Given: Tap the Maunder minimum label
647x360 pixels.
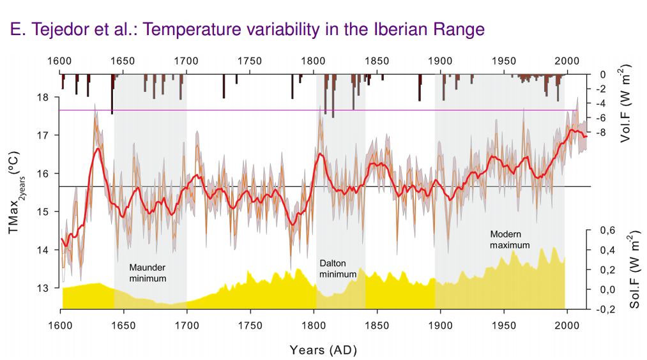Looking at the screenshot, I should pos(148,273).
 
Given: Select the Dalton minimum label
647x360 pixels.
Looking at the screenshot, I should pos(337,268).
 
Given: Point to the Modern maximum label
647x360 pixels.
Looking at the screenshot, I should pos(510,239).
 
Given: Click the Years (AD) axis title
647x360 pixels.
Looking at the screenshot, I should pos(323,350).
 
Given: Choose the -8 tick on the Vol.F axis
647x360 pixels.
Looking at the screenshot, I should pos(600,133).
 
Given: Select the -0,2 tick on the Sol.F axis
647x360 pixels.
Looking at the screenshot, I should pos(602,310).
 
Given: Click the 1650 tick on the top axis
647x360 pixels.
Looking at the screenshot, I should pos(123,61).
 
